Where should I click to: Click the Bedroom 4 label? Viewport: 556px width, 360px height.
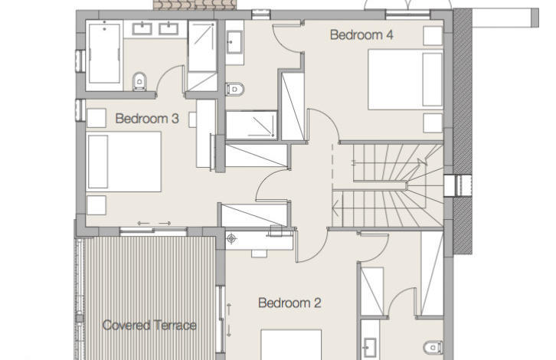361,34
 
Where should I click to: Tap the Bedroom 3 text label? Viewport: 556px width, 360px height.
147,119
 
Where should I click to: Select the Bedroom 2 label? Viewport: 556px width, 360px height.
289,303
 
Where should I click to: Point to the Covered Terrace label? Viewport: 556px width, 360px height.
149,326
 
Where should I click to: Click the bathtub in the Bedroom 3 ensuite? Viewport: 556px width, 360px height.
104,53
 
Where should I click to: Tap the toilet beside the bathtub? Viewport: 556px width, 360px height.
139,82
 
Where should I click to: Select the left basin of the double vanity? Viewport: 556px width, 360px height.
142,28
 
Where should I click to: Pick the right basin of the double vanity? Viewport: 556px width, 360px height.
168,28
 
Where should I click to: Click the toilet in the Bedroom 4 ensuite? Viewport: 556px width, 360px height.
235,89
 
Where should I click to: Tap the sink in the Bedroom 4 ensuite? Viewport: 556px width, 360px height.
234,42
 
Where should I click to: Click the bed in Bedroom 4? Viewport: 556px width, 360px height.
405,80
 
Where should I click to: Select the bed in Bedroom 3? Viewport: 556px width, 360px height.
124,162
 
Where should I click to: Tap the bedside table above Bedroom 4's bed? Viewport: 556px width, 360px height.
433,35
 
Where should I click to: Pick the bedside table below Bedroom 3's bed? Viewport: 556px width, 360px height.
96,205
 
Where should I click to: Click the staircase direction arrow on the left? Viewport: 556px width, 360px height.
335,208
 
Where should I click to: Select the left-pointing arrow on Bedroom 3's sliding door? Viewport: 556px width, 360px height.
144,223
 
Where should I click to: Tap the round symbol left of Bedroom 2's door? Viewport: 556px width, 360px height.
231,239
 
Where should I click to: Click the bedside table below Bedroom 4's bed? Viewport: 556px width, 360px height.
433,123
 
